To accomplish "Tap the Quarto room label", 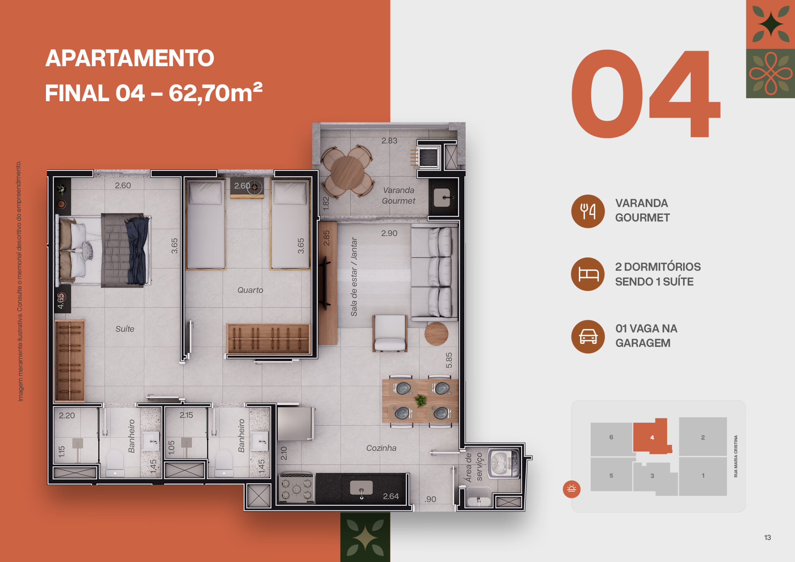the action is pyautogui.click(x=250, y=290).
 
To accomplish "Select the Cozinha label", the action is pyautogui.click(x=381, y=448).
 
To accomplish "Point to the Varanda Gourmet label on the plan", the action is pyautogui.click(x=398, y=196).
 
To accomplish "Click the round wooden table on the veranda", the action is pyautogui.click(x=347, y=172).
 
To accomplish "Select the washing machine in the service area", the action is pyautogui.click(x=504, y=463).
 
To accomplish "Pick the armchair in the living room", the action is pyautogui.click(x=390, y=333).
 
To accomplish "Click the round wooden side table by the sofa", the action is pyautogui.click(x=436, y=334).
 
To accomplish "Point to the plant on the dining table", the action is pyautogui.click(x=421, y=400).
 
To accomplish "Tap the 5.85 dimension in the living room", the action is pyautogui.click(x=449, y=360).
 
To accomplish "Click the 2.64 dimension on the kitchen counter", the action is pyautogui.click(x=391, y=496).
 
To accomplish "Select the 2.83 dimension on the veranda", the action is pyautogui.click(x=389, y=141).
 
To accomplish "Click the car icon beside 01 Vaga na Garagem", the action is pyautogui.click(x=588, y=337).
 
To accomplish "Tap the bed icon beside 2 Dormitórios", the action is pyautogui.click(x=588, y=274).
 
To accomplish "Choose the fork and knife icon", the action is pyautogui.click(x=588, y=211).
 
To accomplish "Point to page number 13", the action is pyautogui.click(x=768, y=537).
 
